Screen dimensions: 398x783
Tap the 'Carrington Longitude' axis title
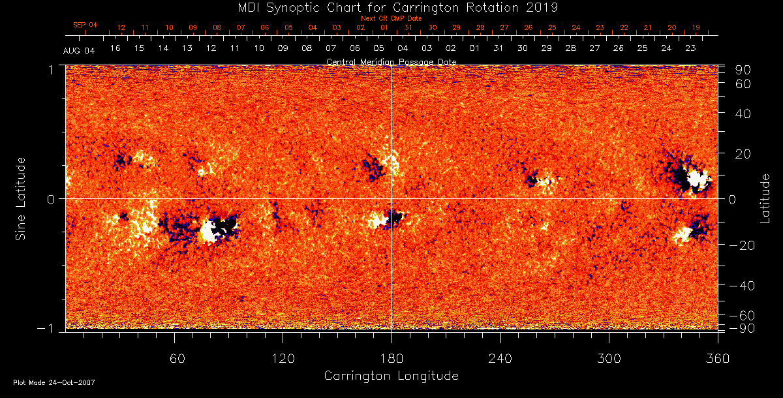click(x=391, y=376)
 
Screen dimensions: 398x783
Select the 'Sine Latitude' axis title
click(x=21, y=198)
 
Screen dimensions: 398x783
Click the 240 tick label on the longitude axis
click(x=500, y=358)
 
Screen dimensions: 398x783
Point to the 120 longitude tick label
click(x=283, y=358)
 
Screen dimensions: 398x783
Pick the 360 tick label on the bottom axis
click(x=717, y=358)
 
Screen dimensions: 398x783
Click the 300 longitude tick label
click(x=609, y=358)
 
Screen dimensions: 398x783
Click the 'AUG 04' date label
click(x=79, y=51)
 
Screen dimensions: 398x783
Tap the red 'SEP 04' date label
click(x=85, y=25)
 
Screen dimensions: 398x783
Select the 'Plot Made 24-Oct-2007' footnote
click(x=54, y=382)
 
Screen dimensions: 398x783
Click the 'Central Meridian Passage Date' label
click(x=391, y=61)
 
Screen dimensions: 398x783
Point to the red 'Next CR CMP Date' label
click(x=391, y=19)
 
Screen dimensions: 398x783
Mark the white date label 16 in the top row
click(x=115, y=48)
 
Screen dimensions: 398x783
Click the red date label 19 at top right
click(x=696, y=27)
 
